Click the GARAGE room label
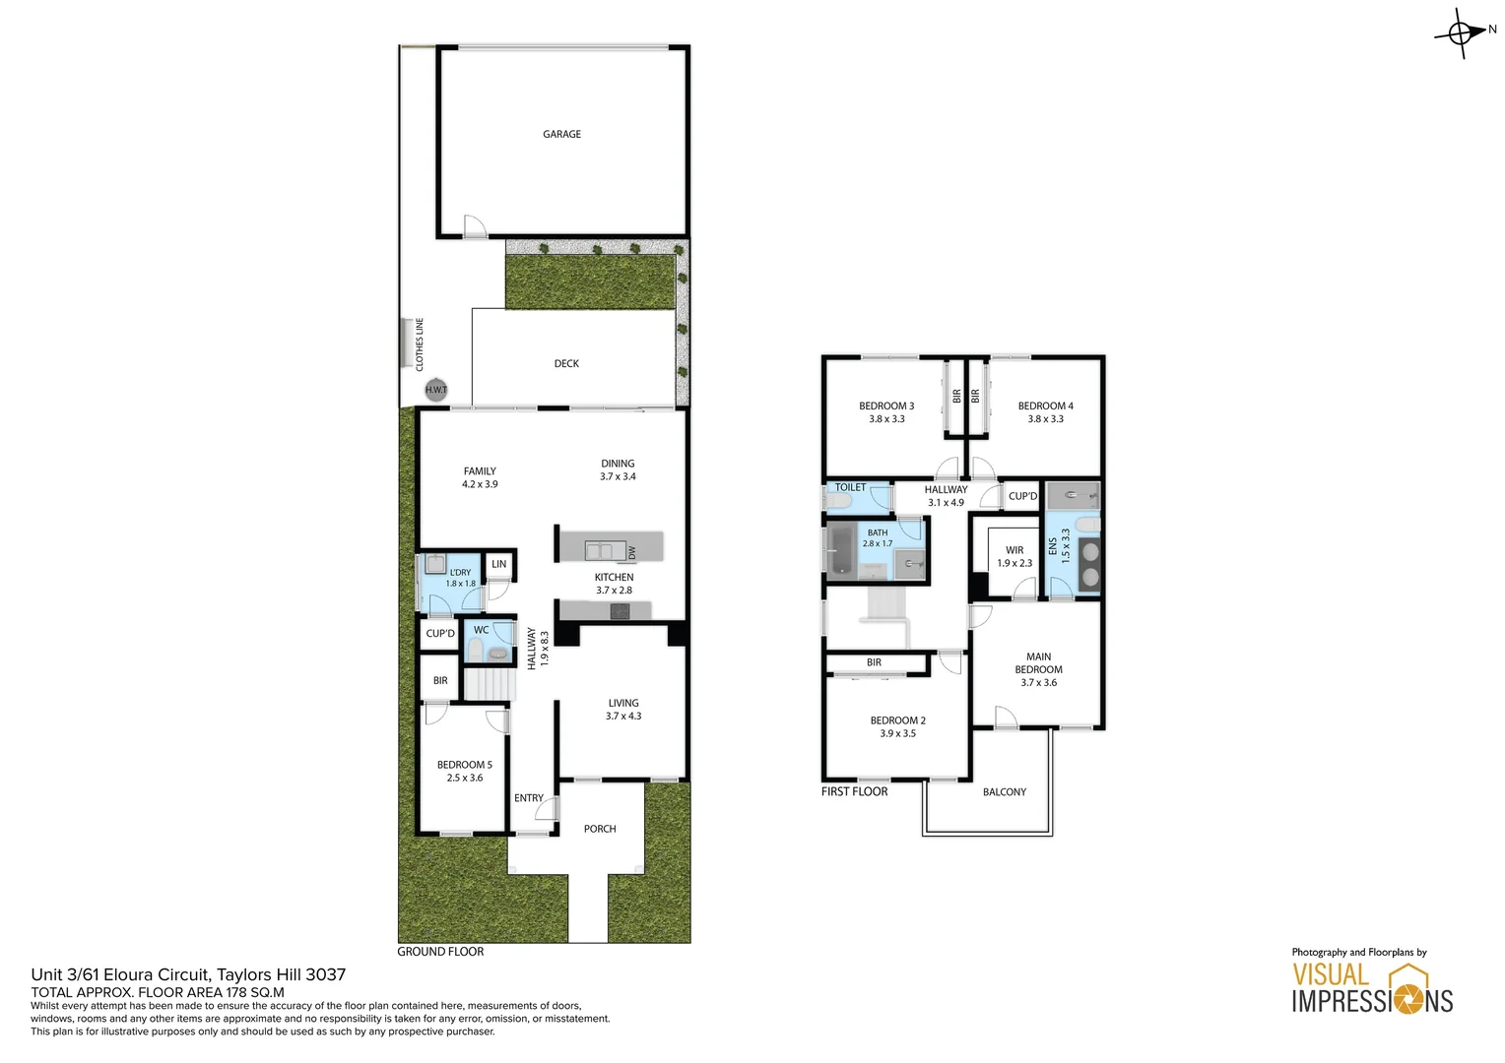coord(561,134)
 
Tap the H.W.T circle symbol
coord(435,390)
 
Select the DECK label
coord(566,363)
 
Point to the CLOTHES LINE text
coord(420,344)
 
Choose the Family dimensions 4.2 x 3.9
coord(480,484)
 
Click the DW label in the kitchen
coord(632,553)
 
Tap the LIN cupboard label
coord(499,564)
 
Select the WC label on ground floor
coord(481,630)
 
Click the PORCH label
coord(600,829)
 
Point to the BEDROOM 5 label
coord(465,765)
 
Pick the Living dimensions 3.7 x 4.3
coord(622,716)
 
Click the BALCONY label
coord(1004,791)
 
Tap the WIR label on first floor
coord(1014,550)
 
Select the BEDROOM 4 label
coord(1045,406)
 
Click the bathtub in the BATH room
coord(840,550)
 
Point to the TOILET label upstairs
coord(850,487)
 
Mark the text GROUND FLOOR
coord(440,952)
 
